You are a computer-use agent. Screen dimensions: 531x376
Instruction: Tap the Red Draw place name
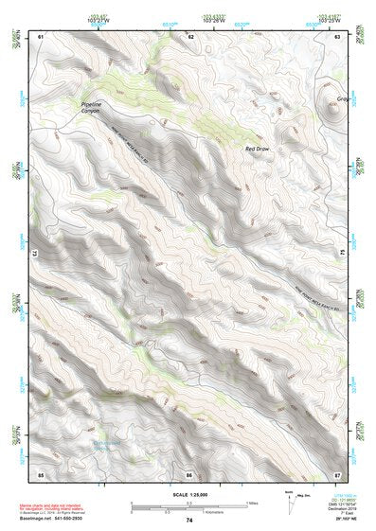point(258,149)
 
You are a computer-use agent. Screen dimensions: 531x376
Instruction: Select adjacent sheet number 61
point(41,36)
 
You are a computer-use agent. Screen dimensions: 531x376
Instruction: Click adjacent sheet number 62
point(189,36)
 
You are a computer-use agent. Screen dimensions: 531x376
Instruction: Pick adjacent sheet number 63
point(338,36)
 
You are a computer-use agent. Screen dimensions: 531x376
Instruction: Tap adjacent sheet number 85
point(41,472)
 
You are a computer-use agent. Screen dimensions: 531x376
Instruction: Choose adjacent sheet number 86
point(189,472)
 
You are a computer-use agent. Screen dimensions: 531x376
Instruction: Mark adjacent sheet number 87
point(338,472)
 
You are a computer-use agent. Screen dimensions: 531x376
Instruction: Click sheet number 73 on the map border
point(34,254)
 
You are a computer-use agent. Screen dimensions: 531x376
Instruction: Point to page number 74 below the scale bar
point(189,521)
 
